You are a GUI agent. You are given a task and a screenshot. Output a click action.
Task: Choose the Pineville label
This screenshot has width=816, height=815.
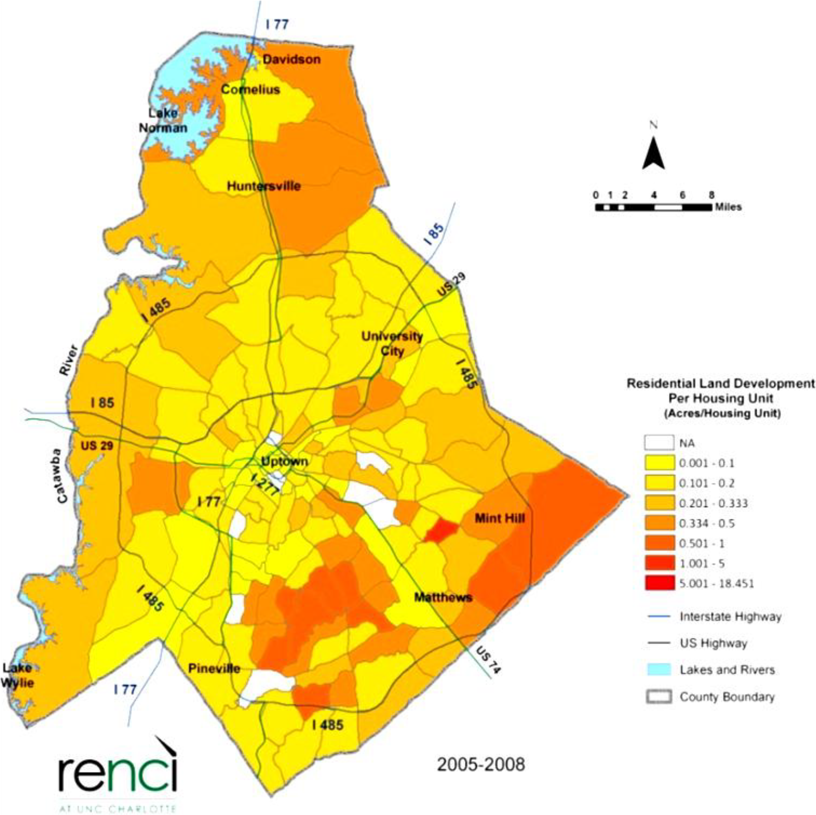[214, 669]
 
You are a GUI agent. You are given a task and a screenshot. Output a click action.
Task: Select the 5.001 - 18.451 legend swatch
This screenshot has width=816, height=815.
[659, 584]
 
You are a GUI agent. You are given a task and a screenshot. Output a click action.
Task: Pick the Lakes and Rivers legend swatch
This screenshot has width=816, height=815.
[659, 670]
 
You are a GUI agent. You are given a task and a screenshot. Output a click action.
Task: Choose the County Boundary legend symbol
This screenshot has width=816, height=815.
[659, 697]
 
